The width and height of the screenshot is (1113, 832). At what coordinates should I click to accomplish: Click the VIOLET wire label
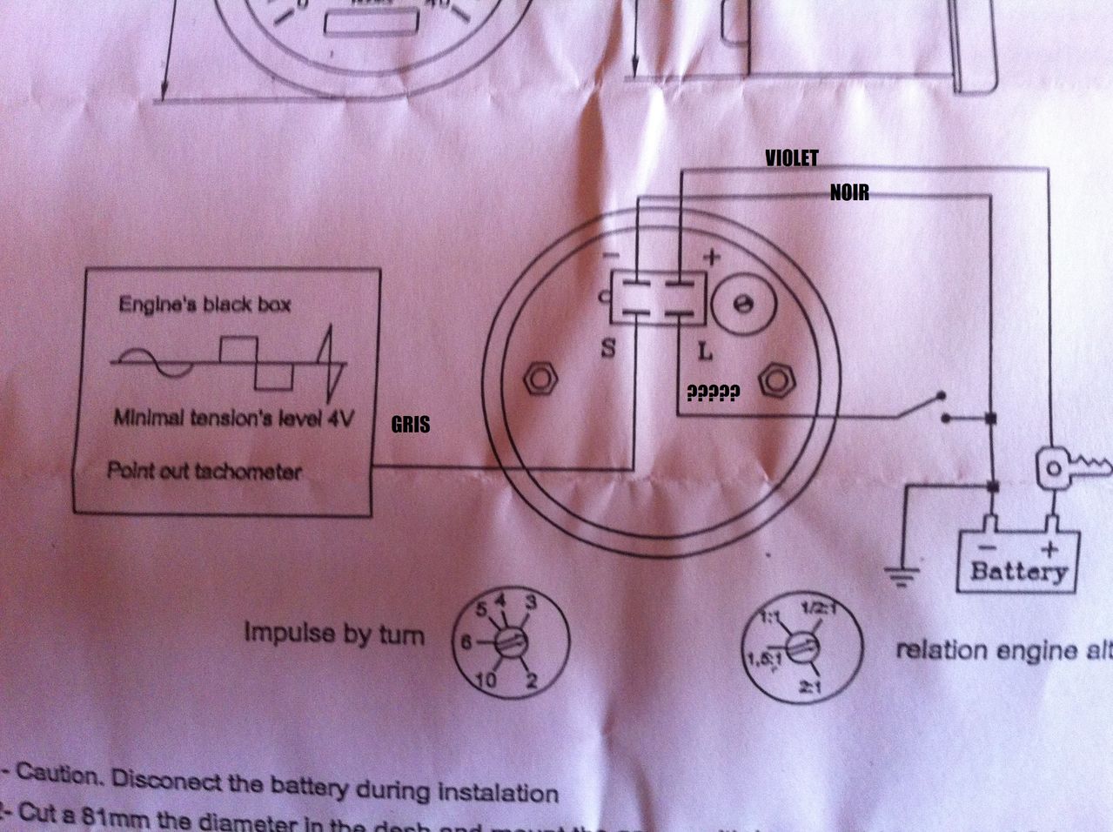(791, 158)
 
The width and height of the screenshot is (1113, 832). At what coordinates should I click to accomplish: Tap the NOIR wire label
(848, 192)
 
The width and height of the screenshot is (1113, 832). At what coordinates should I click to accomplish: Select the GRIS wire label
(410, 425)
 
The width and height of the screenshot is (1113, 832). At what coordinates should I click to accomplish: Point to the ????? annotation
(713, 394)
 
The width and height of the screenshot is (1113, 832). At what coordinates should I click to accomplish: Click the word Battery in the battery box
(1017, 571)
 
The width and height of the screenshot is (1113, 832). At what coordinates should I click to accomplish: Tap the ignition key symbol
(1070, 469)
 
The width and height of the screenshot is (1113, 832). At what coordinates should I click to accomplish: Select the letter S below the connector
(608, 349)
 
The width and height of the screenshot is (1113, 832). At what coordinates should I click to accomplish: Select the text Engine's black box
(204, 305)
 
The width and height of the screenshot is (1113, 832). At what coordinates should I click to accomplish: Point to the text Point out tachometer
(204, 471)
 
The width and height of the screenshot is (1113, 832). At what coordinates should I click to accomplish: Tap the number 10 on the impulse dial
(485, 680)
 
